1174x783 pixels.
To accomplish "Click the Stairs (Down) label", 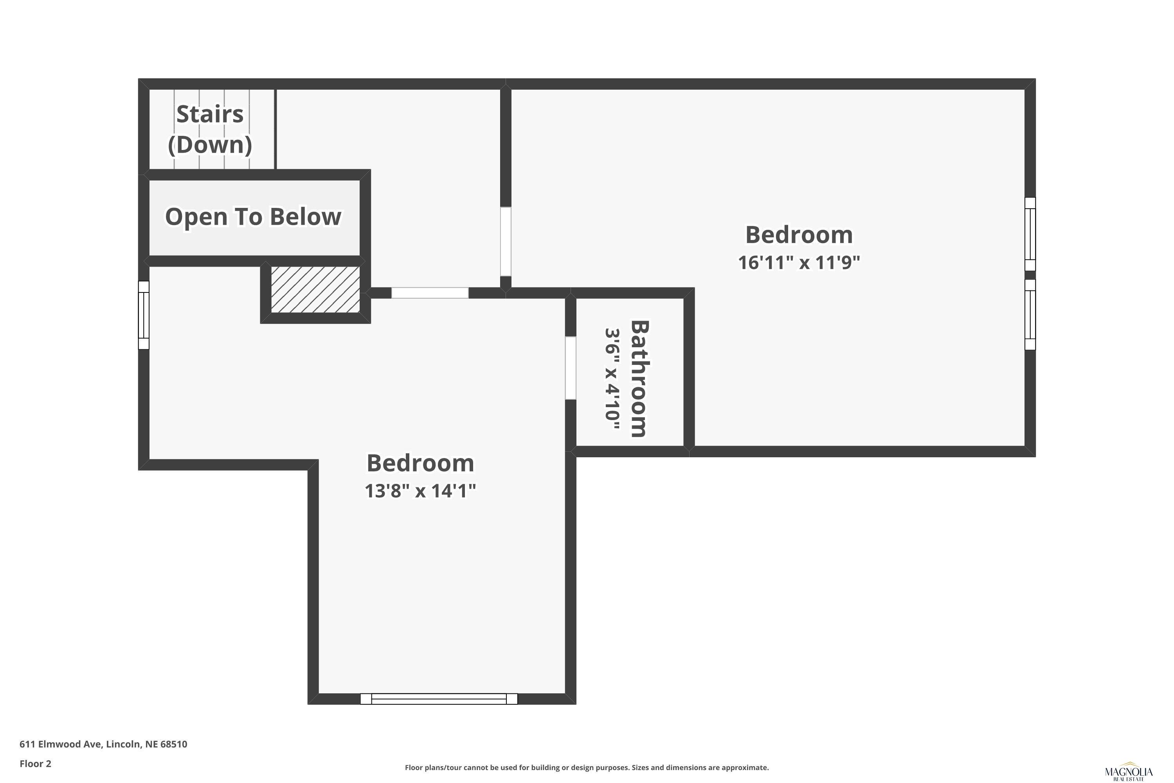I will pos(210,129).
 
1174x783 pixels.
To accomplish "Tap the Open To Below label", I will pos(253,217).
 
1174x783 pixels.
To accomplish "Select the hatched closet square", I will pos(315,290).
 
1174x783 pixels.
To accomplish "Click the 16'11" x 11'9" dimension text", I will pos(799,263).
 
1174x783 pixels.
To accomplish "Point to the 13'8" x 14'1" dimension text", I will pos(420,491).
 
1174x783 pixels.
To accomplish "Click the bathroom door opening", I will pos(571,368).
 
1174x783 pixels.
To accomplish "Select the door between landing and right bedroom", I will pos(506,242).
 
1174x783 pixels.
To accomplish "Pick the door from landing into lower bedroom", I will pos(430,293).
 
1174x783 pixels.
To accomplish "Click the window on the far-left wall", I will pos(144,315).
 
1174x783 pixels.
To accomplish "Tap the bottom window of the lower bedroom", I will pos(439,698).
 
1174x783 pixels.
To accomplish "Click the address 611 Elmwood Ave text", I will pos(103,744).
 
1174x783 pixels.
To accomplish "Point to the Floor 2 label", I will pos(36,763).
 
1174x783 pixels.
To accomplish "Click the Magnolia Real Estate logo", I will pos(1129,772).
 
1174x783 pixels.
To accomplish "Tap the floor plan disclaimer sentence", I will pos(587,767).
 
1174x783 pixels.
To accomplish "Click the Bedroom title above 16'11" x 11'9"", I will pos(799,235).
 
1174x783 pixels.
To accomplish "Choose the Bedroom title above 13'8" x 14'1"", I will pos(420,463).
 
